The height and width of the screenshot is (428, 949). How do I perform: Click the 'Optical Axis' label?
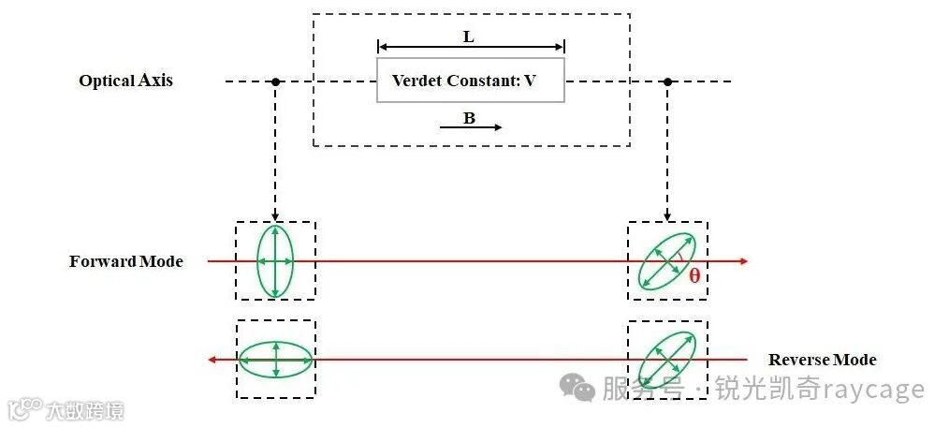[125, 81]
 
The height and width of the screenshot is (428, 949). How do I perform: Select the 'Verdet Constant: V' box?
[471, 81]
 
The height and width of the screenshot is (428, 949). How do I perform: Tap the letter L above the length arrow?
[469, 37]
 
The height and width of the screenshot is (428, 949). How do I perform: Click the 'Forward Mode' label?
[125, 261]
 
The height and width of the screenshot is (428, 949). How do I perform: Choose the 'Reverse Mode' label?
[822, 360]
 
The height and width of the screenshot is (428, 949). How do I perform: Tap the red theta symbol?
[694, 276]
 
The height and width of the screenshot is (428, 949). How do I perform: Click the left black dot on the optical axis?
[275, 81]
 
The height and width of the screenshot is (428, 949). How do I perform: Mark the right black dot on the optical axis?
[667, 81]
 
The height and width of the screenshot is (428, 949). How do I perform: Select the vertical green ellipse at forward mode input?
[275, 261]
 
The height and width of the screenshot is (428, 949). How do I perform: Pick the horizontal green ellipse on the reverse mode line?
[275, 360]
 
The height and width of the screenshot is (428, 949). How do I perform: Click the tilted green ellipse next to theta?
[667, 261]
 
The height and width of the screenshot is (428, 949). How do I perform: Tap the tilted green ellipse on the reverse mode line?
[667, 360]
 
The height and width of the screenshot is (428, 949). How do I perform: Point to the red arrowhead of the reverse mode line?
[212, 360]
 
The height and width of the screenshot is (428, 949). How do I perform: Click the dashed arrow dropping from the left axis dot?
[275, 150]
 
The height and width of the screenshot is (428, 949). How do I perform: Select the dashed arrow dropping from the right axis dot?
[667, 150]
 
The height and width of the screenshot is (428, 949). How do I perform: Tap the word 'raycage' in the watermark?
[875, 390]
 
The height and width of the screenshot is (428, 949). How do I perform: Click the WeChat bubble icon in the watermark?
[577, 387]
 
